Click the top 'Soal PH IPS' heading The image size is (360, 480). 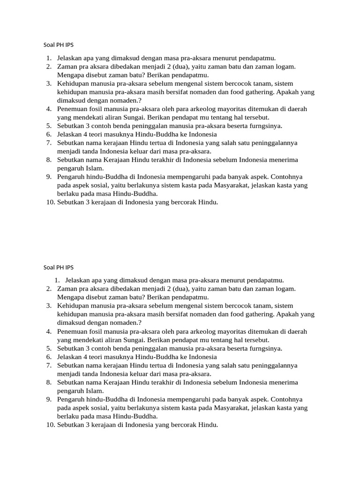pos(58,45)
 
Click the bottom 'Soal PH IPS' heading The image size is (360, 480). pos(58,268)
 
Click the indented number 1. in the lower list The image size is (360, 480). pos(57,280)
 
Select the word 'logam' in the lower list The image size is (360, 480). pos(285,289)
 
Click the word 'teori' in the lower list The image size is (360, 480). pos(100,357)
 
